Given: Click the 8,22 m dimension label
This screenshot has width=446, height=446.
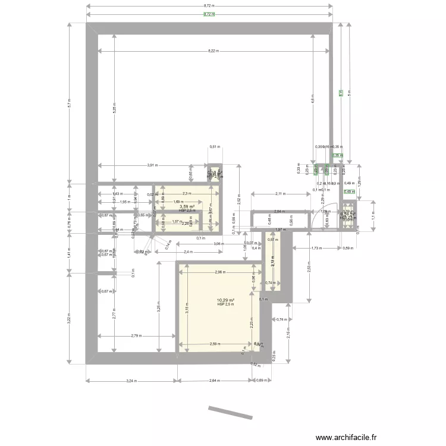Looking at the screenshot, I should click(213, 51).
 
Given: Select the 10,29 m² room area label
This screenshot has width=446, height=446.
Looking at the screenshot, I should click(225, 300).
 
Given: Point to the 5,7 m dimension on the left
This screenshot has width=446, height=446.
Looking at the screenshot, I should click(70, 103).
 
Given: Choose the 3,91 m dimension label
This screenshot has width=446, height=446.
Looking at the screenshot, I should click(152, 165).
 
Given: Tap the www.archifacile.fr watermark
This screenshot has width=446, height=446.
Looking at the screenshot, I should click(347, 437).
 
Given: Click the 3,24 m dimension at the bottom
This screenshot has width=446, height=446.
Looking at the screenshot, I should click(129, 380).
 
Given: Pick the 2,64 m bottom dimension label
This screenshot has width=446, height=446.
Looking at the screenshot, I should click(214, 380).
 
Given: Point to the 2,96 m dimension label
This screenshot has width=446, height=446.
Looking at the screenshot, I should click(219, 272).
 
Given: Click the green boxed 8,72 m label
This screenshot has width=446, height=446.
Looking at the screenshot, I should click(209, 14).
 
